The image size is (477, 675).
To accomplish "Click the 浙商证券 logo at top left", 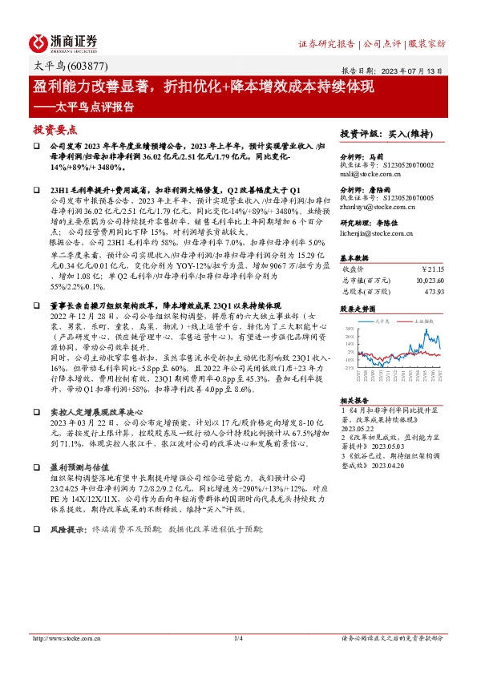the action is tap(64, 42).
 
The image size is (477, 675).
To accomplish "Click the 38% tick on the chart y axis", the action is tap(350, 329).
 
